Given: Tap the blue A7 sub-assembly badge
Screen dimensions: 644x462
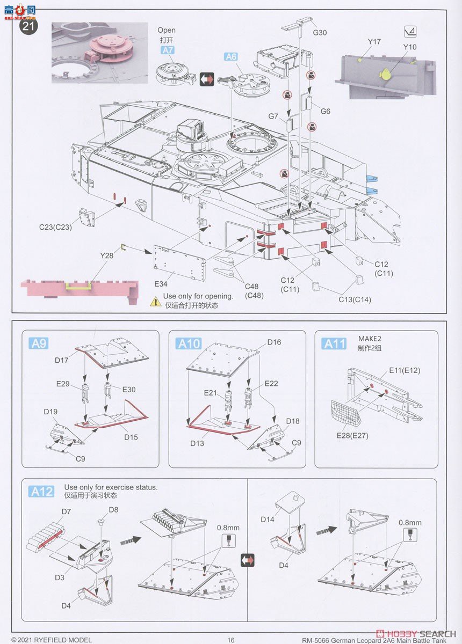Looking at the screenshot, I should tap(168, 51).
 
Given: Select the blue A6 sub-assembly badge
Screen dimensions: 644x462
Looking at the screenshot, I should tap(231, 57).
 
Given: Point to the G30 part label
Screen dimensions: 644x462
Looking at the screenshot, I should tap(320, 33).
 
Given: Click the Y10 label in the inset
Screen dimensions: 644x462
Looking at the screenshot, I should tap(410, 47).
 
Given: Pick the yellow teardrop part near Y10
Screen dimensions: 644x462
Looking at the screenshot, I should tap(385, 75).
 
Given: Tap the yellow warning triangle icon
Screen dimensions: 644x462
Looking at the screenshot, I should tap(155, 302).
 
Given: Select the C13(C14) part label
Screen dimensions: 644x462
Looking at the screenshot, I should tap(355, 299).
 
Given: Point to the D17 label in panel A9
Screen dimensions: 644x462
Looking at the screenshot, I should tap(61, 360).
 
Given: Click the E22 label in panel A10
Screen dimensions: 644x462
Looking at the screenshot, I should tap(272, 384).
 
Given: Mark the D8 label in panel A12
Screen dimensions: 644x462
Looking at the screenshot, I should tap(113, 509).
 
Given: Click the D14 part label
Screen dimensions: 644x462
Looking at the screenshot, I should tap(268, 519).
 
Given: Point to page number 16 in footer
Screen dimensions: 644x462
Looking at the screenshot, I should tap(231, 640).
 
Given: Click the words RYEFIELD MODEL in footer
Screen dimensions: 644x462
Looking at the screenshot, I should tap(56, 640).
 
